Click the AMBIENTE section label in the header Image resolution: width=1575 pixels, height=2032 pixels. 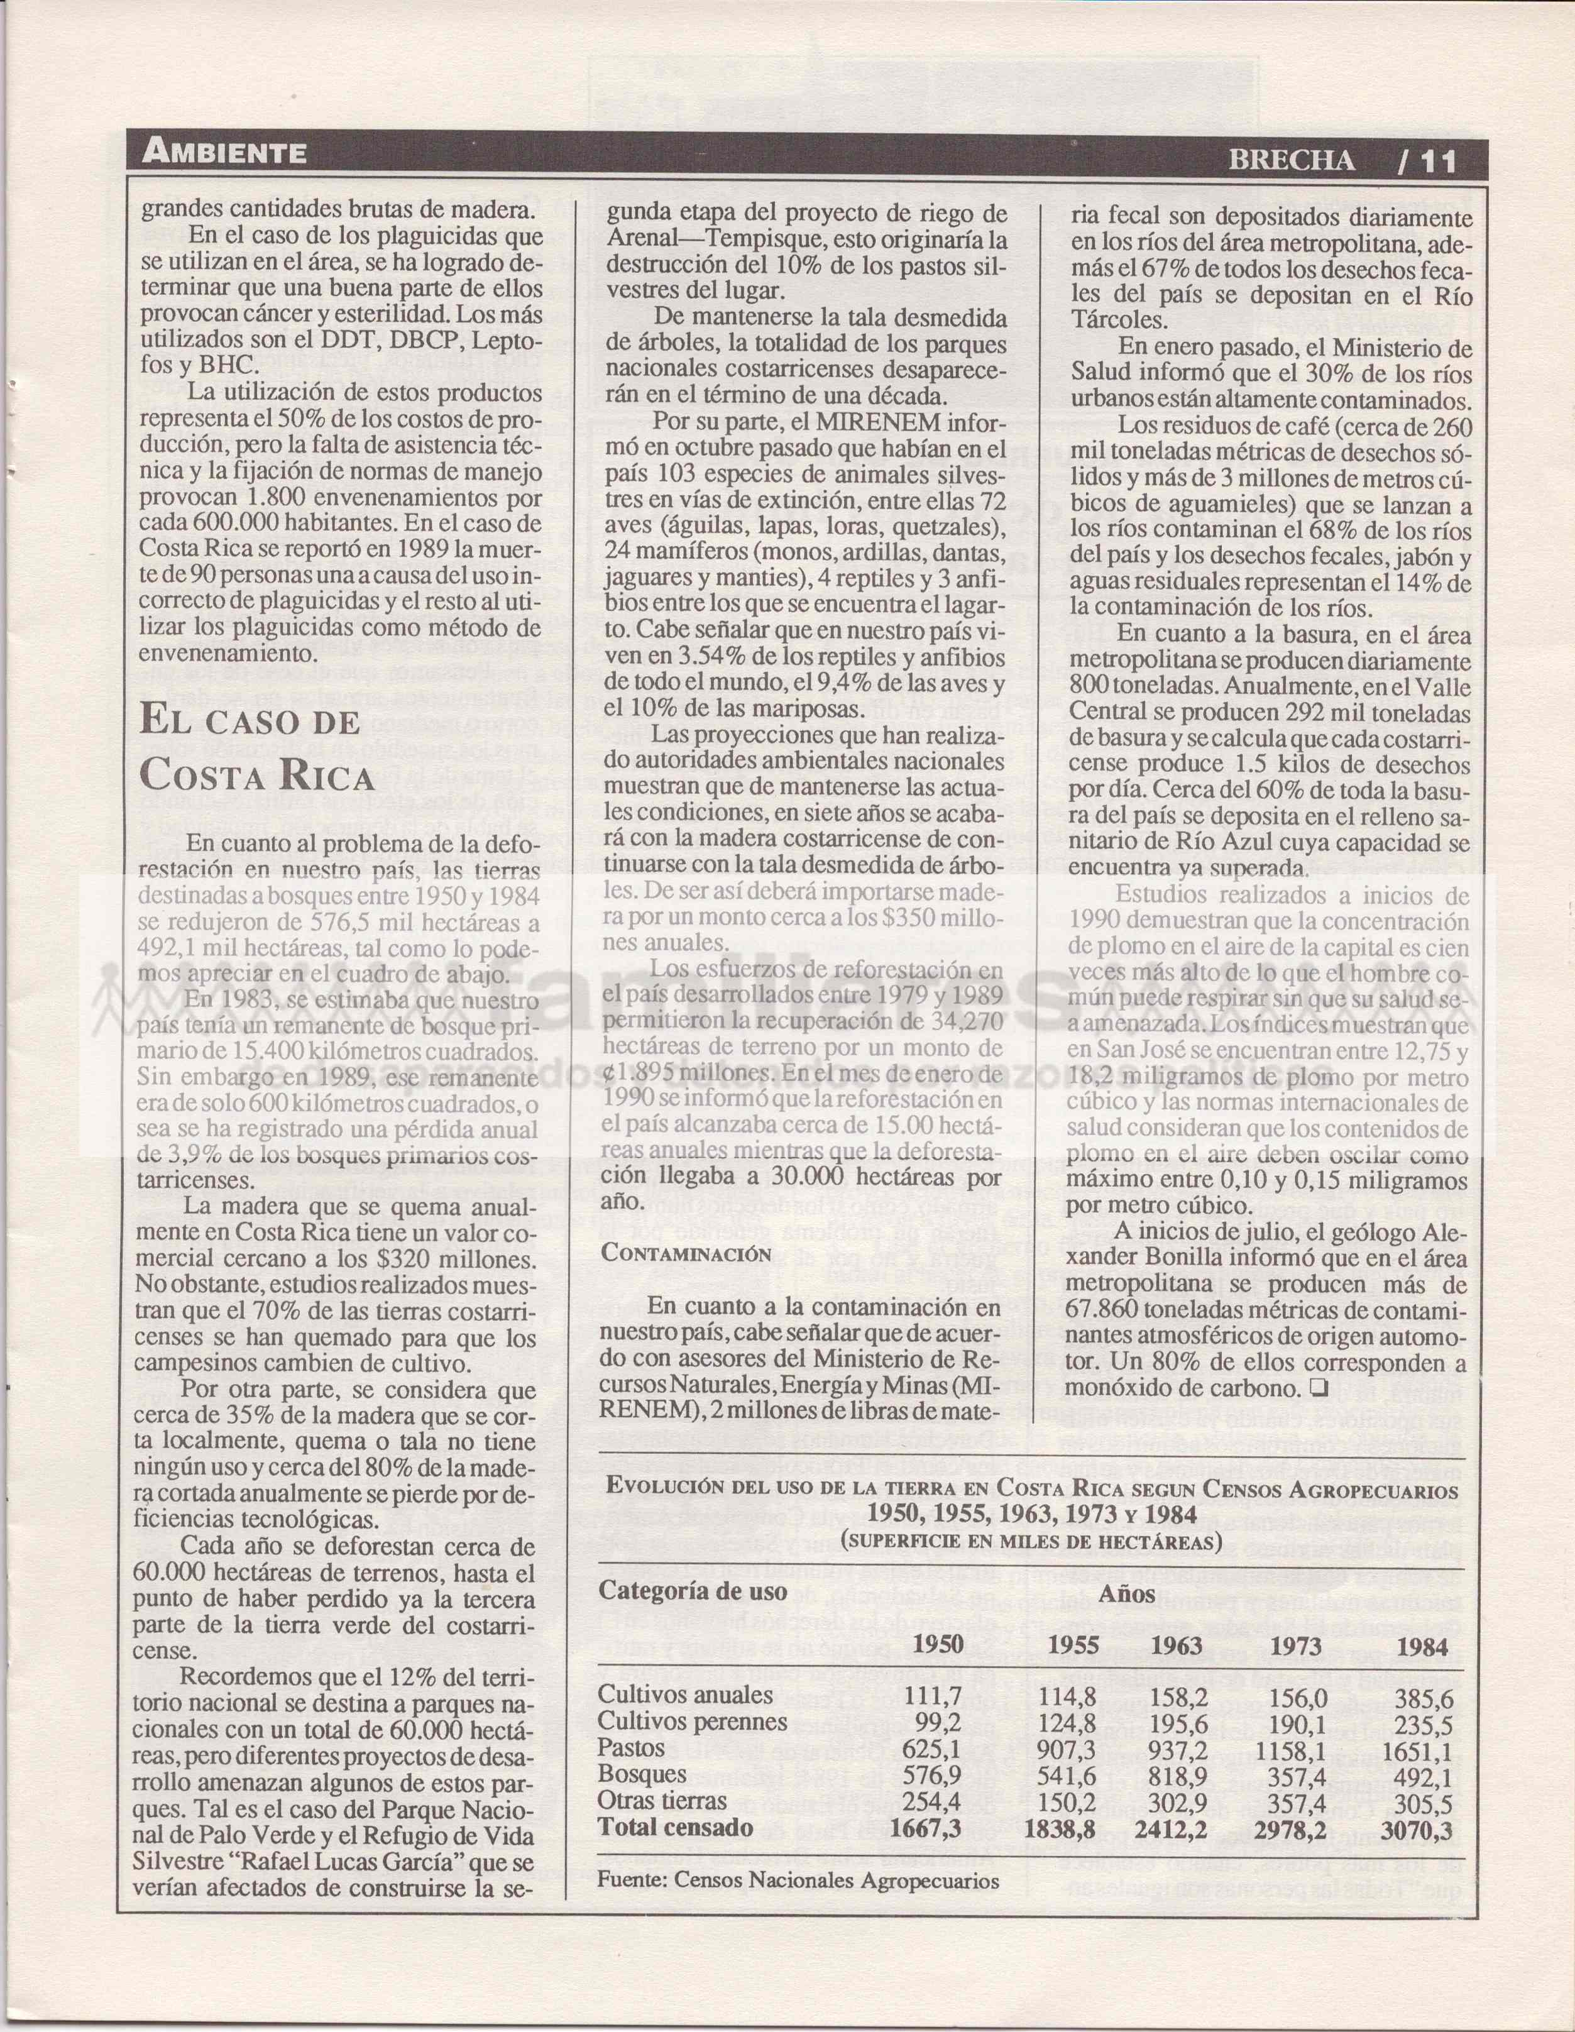click(x=224, y=153)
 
